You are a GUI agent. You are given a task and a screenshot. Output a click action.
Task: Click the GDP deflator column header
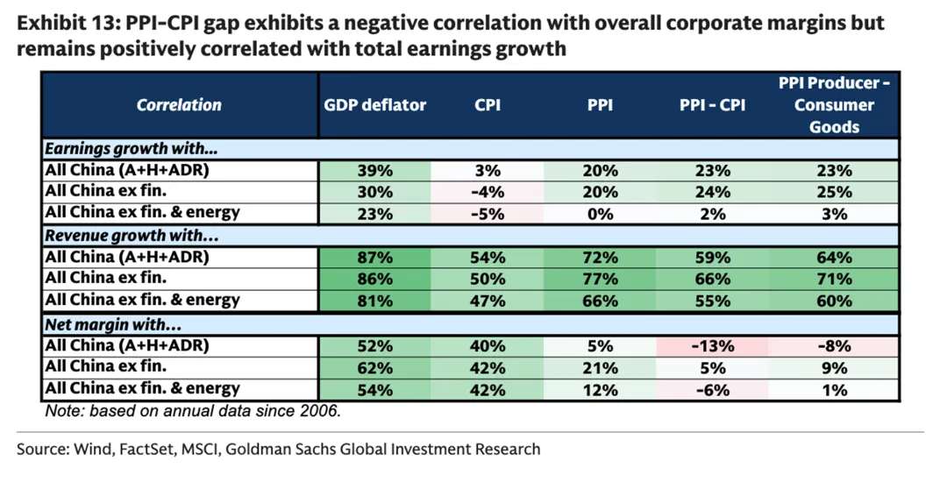click(374, 105)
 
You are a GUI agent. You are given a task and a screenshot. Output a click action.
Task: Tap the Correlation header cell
click(179, 105)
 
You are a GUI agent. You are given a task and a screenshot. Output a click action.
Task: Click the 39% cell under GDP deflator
click(374, 171)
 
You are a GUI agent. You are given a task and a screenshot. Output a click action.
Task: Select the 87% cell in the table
click(374, 258)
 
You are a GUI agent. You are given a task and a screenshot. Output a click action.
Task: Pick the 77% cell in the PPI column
click(600, 280)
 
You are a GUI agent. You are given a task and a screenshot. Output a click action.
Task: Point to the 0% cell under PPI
click(600, 213)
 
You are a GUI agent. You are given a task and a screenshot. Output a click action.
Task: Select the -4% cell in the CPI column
click(487, 192)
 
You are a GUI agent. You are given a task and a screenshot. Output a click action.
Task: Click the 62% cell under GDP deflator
click(374, 367)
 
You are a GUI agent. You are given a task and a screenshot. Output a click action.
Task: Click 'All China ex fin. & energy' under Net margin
click(142, 388)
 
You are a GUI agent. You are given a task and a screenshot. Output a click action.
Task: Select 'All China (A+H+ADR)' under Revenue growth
click(126, 258)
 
